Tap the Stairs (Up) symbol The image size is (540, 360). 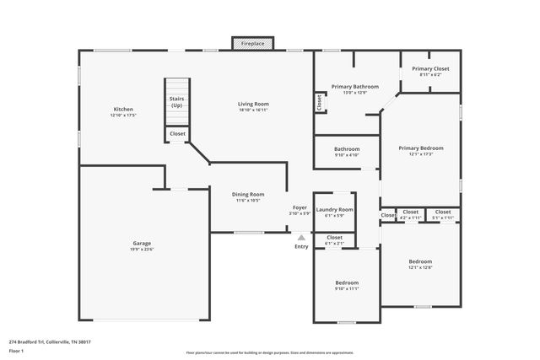point(176,102)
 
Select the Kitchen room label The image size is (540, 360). point(123,112)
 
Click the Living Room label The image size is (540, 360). point(252,106)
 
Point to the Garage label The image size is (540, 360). point(142,246)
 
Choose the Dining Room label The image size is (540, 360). point(248,197)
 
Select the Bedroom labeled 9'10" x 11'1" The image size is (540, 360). point(347,285)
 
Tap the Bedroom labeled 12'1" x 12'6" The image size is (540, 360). point(420,264)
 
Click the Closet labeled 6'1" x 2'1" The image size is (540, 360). point(334,240)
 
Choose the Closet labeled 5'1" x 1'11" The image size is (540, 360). point(443,214)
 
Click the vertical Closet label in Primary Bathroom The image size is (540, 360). point(319,102)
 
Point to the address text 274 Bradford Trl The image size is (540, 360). point(50,341)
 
